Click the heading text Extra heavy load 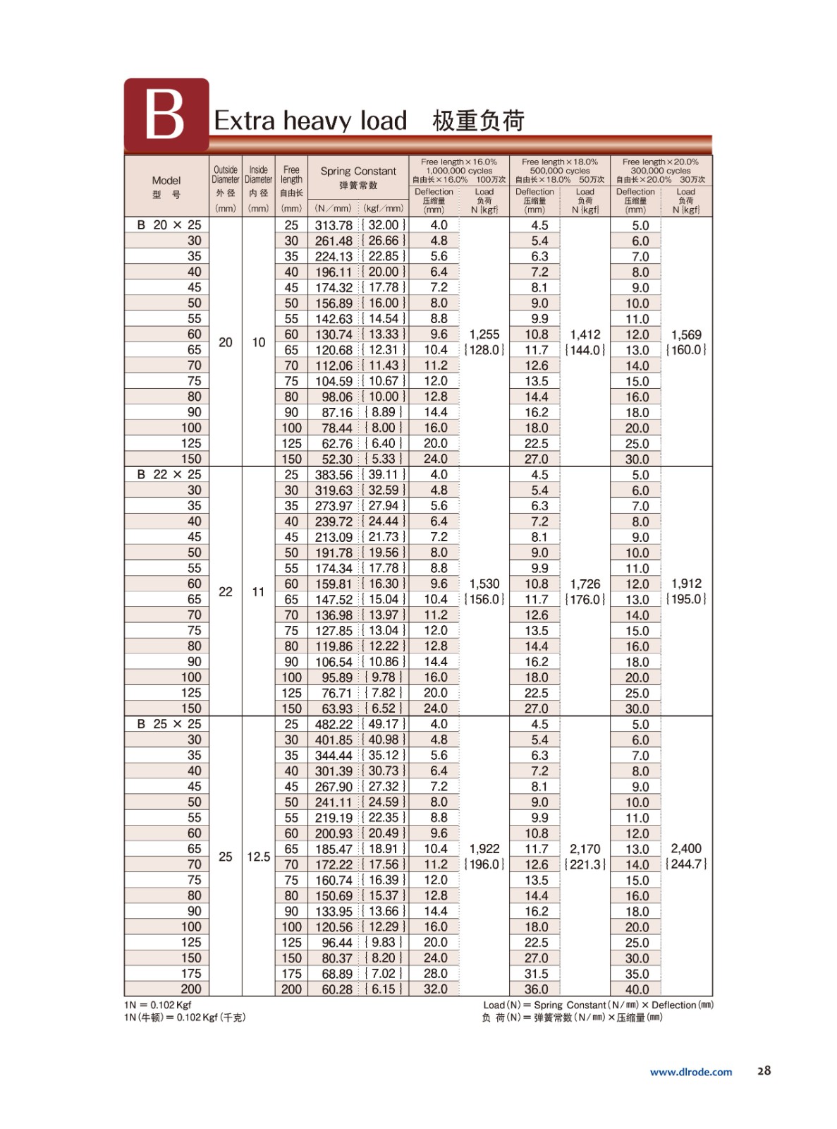310,121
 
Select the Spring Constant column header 358,171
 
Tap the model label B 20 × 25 169,225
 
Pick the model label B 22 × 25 169,475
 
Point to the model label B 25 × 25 169,724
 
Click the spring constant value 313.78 334,225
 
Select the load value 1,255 484,334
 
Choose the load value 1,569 686,334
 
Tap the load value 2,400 686,849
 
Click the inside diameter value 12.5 258,857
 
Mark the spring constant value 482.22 334,724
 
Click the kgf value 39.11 384,475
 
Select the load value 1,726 585,584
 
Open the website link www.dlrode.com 691,1072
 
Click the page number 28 764,1070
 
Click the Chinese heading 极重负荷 478,121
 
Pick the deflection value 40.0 637,989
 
